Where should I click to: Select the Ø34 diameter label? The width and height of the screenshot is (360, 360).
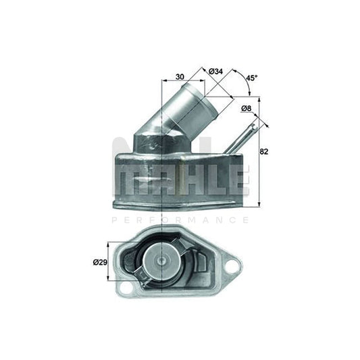tap(216, 71)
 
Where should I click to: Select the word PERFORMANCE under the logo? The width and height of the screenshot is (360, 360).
tap(180, 220)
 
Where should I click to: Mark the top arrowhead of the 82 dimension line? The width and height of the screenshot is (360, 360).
tap(259, 101)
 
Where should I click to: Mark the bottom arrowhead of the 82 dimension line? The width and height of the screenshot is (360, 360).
tap(259, 203)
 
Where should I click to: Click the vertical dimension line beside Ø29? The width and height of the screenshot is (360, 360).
tap(109, 261)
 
